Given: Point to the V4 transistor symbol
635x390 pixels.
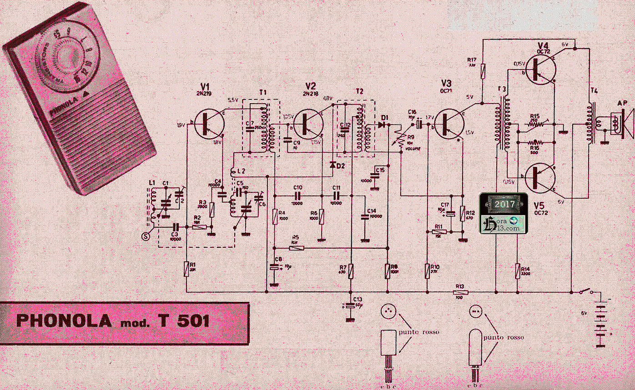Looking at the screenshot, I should coord(541,70).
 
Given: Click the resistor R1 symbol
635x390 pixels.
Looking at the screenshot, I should coord(186,269).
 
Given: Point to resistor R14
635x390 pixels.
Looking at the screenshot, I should coord(518,271).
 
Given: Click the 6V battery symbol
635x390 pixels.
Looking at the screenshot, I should coord(602,323).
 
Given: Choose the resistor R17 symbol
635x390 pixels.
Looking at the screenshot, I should coord(483,70).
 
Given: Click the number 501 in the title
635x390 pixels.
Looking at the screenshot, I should coord(191,321).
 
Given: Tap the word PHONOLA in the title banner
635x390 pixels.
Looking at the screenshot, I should coord(64,321).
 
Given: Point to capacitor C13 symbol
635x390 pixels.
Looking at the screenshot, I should coord(350,306).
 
